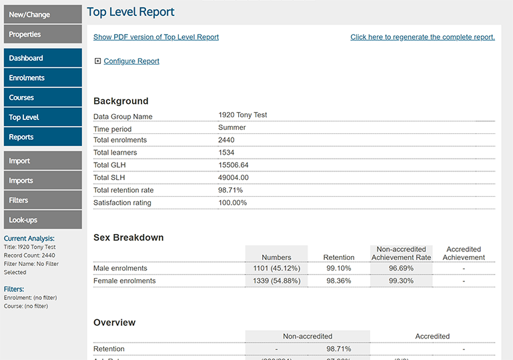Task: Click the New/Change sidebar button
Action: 43,15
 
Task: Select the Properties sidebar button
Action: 43,34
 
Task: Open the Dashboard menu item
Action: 43,58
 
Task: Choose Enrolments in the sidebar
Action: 43,78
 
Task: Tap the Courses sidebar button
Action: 43,97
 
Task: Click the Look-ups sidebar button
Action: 43,220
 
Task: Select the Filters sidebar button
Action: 43,200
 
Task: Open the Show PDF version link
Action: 156,37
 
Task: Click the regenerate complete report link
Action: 422,37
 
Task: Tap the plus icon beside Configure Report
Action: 97,61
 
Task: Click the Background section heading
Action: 121,101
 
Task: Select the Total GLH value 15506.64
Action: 233,165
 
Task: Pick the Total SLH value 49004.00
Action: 233,178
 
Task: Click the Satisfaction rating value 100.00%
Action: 232,203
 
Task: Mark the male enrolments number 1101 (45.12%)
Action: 276,269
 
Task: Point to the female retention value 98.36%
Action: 339,281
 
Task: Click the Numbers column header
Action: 276,257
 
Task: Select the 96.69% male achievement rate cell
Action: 401,269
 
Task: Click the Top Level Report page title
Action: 131,12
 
